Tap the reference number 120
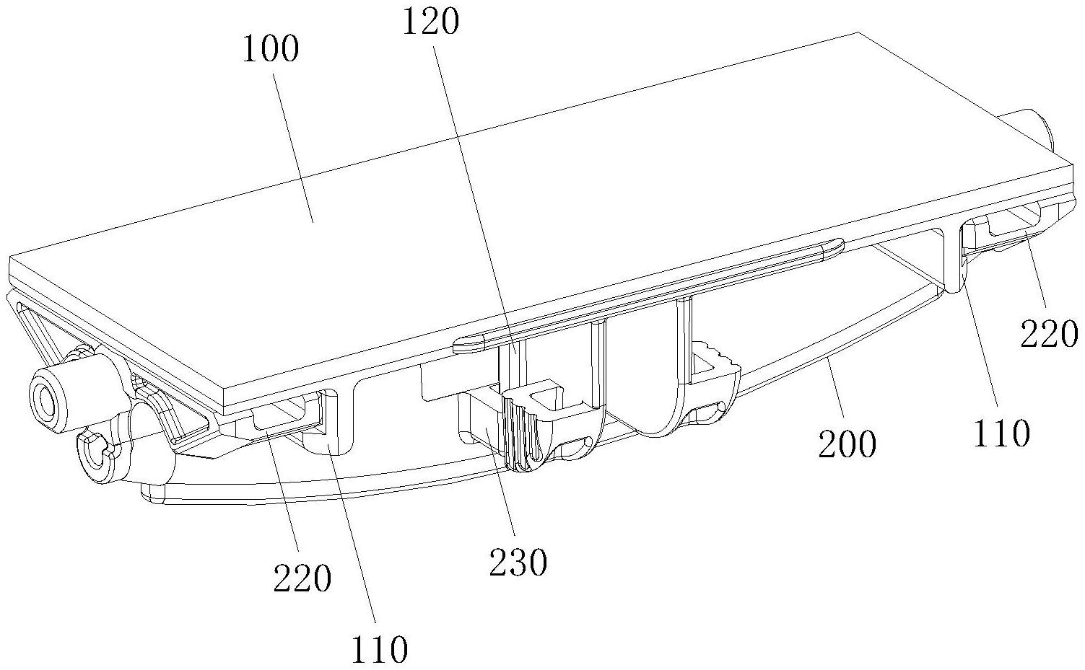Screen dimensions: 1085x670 coord(432,22)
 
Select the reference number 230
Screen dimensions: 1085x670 coord(518,562)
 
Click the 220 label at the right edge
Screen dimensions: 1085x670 coord(1048,334)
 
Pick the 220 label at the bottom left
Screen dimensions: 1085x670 coord(302,578)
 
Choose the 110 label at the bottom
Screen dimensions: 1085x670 coord(379,650)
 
